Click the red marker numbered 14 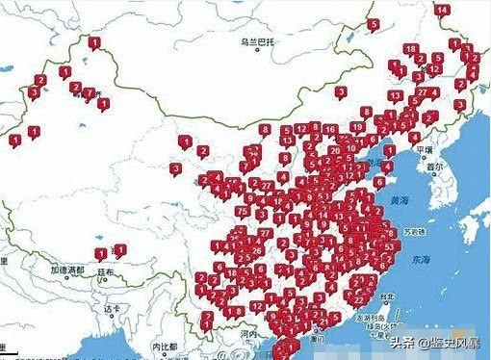(x=442, y=11)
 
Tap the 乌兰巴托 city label (x=258, y=42)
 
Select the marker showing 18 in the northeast (x=411, y=49)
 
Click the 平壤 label (x=425, y=150)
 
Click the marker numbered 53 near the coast (x=387, y=246)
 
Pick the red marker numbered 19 (x=357, y=126)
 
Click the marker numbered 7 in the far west (x=89, y=94)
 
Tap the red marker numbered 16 (x=329, y=129)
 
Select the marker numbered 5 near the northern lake (x=374, y=25)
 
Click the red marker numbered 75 (x=242, y=211)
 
